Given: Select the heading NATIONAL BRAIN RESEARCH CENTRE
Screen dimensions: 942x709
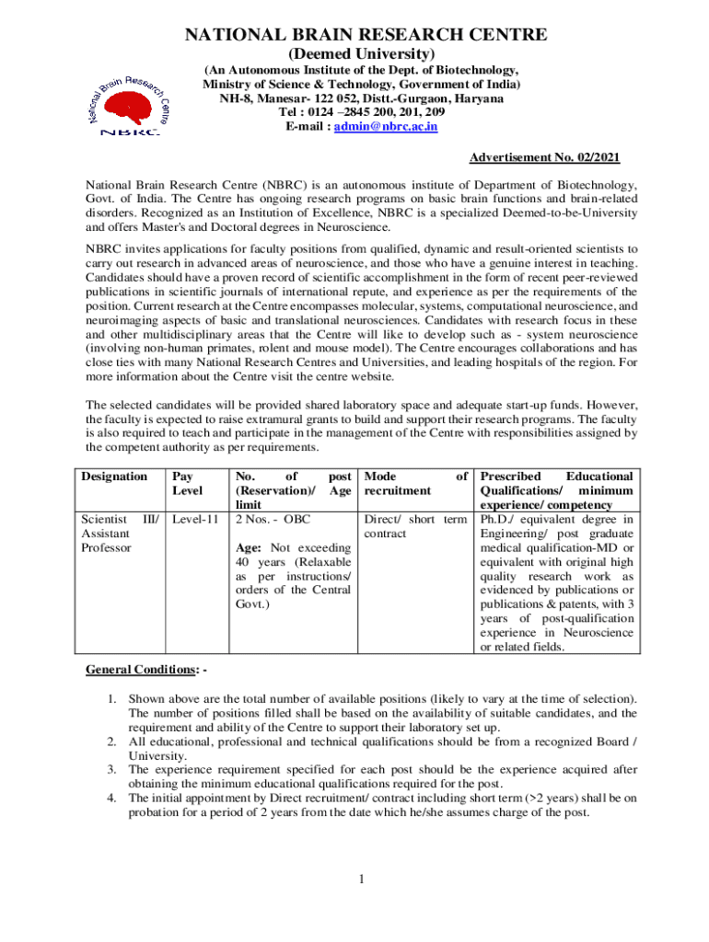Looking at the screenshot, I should (366, 35).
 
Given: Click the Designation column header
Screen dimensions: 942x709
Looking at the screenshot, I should (114, 477).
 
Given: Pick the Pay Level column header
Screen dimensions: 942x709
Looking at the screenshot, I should (188, 484).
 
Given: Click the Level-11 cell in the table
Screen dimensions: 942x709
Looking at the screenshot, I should (195, 519).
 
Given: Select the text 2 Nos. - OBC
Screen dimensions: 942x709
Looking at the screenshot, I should (273, 519).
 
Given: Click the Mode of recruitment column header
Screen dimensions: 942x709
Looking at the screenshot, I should (415, 484).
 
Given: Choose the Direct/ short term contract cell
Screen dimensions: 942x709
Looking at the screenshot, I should (415, 526).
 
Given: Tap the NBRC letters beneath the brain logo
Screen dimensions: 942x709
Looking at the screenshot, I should (130, 132).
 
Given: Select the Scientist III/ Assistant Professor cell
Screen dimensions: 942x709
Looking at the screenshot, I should (120, 534).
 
